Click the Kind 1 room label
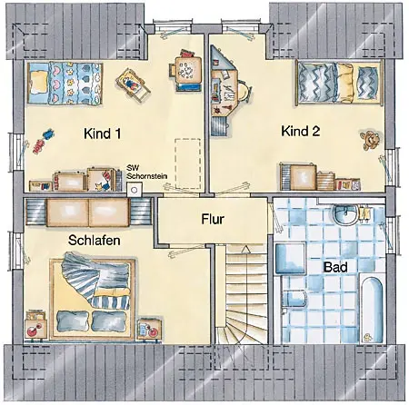click(x=103, y=133)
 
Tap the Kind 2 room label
click(x=301, y=131)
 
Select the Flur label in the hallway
click(x=213, y=219)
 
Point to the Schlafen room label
click(x=95, y=241)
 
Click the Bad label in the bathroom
click(x=335, y=267)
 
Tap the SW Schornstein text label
click(x=146, y=173)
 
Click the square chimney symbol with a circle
click(x=134, y=191)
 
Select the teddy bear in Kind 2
click(x=370, y=140)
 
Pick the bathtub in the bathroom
click(x=373, y=309)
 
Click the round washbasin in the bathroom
click(x=345, y=213)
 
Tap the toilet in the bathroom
click(x=294, y=301)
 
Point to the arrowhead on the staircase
click(x=246, y=249)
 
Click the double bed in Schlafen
click(x=93, y=298)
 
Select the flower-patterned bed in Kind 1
click(x=65, y=84)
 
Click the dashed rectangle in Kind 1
click(x=188, y=163)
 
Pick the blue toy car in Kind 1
click(x=48, y=133)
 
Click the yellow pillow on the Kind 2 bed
click(x=345, y=82)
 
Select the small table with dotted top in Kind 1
click(x=188, y=71)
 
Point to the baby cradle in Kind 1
click(x=133, y=84)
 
